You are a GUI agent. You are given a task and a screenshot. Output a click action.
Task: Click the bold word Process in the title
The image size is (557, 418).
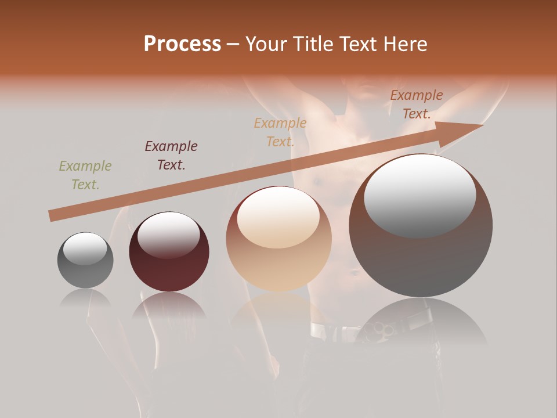coord(182,44)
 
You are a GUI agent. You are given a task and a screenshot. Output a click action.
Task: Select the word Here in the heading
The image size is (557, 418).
coord(404,44)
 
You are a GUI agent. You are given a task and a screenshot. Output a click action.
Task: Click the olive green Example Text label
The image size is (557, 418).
coord(85,175)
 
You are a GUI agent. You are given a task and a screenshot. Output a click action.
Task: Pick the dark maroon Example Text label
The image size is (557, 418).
coord(171,156)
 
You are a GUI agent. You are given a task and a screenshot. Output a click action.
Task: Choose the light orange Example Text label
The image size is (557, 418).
coord(280,132)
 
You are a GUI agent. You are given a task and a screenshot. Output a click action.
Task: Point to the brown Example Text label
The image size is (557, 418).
coord(416,105)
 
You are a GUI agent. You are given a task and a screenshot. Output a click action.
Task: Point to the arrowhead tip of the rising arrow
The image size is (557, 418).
coord(482,125)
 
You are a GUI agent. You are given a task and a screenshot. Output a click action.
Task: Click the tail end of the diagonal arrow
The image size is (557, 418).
coord(51,216)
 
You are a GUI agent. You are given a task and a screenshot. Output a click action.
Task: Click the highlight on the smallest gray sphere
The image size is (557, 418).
coord(85,248)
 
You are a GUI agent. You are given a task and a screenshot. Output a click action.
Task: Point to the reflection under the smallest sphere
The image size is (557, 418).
coord(85,298)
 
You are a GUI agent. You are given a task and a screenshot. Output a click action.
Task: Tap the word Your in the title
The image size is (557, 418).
coord(265,44)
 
